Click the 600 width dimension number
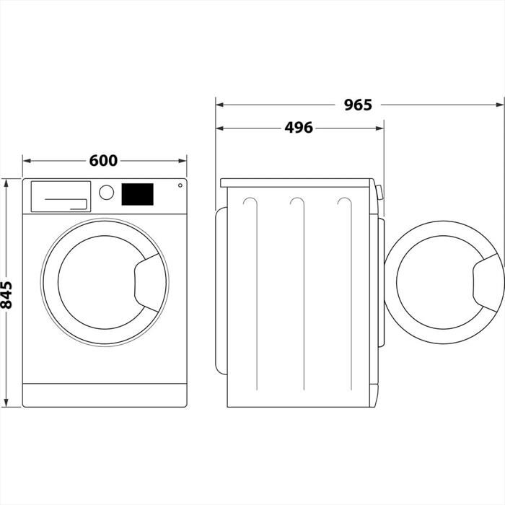[x=103, y=160]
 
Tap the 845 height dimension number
[x=8, y=294]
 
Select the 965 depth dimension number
[x=357, y=105]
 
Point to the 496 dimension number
[x=298, y=128]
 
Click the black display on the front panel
[x=137, y=194]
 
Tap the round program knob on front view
[x=107, y=193]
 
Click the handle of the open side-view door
[x=488, y=281]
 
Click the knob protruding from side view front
[x=379, y=194]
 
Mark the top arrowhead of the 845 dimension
[x=8, y=183]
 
